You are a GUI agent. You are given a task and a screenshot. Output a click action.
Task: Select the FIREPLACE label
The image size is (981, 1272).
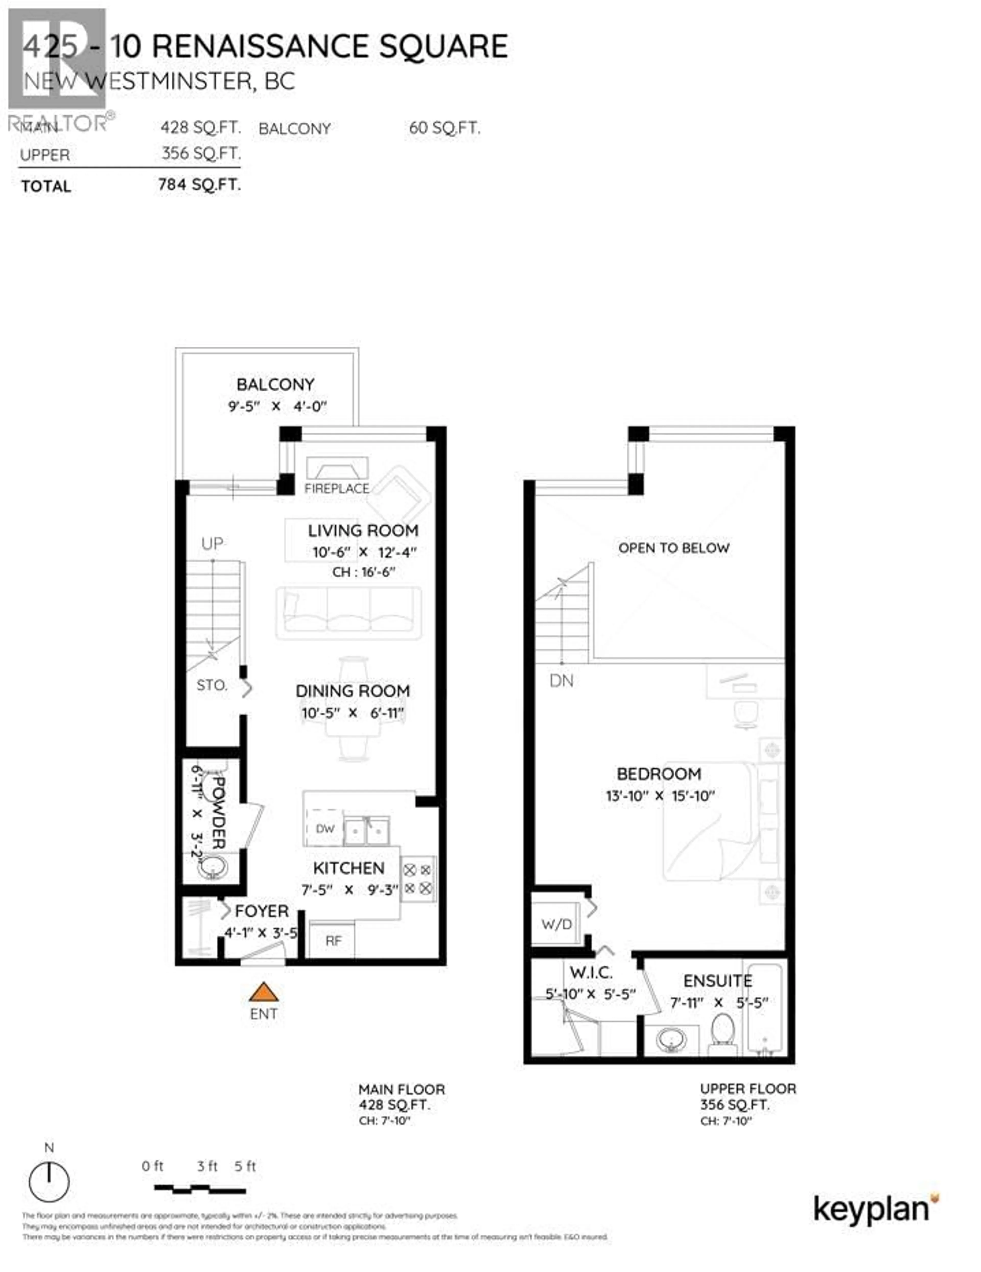coord(337,488)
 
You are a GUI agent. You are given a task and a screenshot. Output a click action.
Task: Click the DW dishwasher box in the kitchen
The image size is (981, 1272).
coord(324,828)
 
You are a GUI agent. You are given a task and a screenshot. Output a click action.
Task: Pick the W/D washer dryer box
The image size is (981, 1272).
coord(556,924)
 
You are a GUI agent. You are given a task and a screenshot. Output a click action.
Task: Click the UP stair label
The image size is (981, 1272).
coord(212,543)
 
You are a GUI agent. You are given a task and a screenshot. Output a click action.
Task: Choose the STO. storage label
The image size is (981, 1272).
coord(212,685)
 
